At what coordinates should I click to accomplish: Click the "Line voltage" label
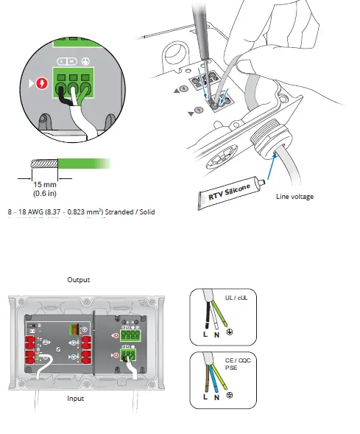click(x=295, y=197)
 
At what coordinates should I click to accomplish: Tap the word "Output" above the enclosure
click(x=78, y=280)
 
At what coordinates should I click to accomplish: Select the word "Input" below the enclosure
click(x=75, y=398)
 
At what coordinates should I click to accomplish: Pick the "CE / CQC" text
click(x=237, y=360)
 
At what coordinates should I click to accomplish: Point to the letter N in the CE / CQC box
click(x=216, y=396)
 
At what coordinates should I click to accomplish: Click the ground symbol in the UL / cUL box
click(x=230, y=334)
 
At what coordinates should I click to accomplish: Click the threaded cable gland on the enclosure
click(x=266, y=141)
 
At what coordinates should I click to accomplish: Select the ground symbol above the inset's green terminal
click(x=85, y=63)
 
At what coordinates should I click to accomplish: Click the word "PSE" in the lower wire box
click(x=232, y=368)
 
